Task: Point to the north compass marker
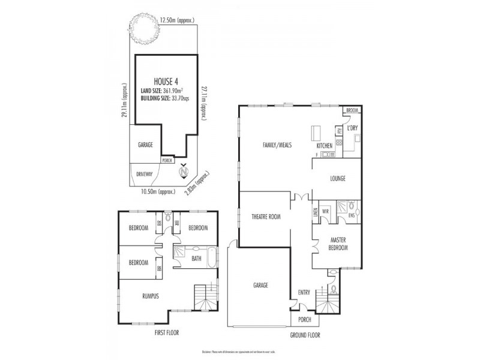pyautogui.click(x=185, y=173)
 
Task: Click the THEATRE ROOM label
pyautogui.click(x=265, y=217)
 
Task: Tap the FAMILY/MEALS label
pyautogui.click(x=277, y=145)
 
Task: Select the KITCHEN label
pyautogui.click(x=325, y=146)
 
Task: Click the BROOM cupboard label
pyautogui.click(x=352, y=110)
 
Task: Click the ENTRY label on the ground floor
pyautogui.click(x=304, y=293)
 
